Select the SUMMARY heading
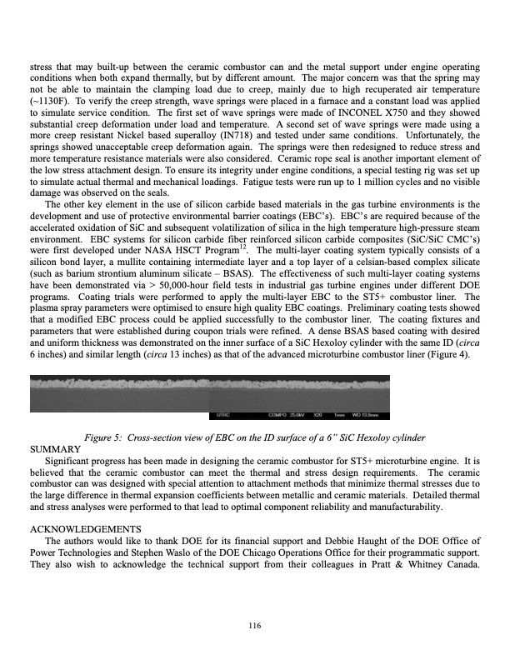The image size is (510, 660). point(54,449)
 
